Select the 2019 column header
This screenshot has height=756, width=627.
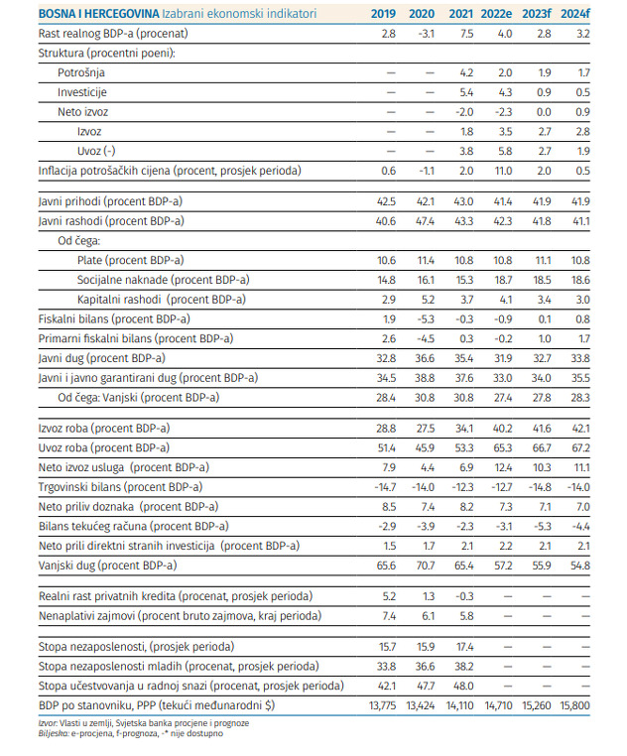point(383,13)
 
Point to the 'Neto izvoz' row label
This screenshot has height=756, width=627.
point(84,111)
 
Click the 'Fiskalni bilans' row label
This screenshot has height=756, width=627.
point(114,318)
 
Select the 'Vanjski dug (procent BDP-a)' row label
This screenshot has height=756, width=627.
point(108,565)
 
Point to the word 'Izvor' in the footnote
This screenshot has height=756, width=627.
point(48,722)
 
